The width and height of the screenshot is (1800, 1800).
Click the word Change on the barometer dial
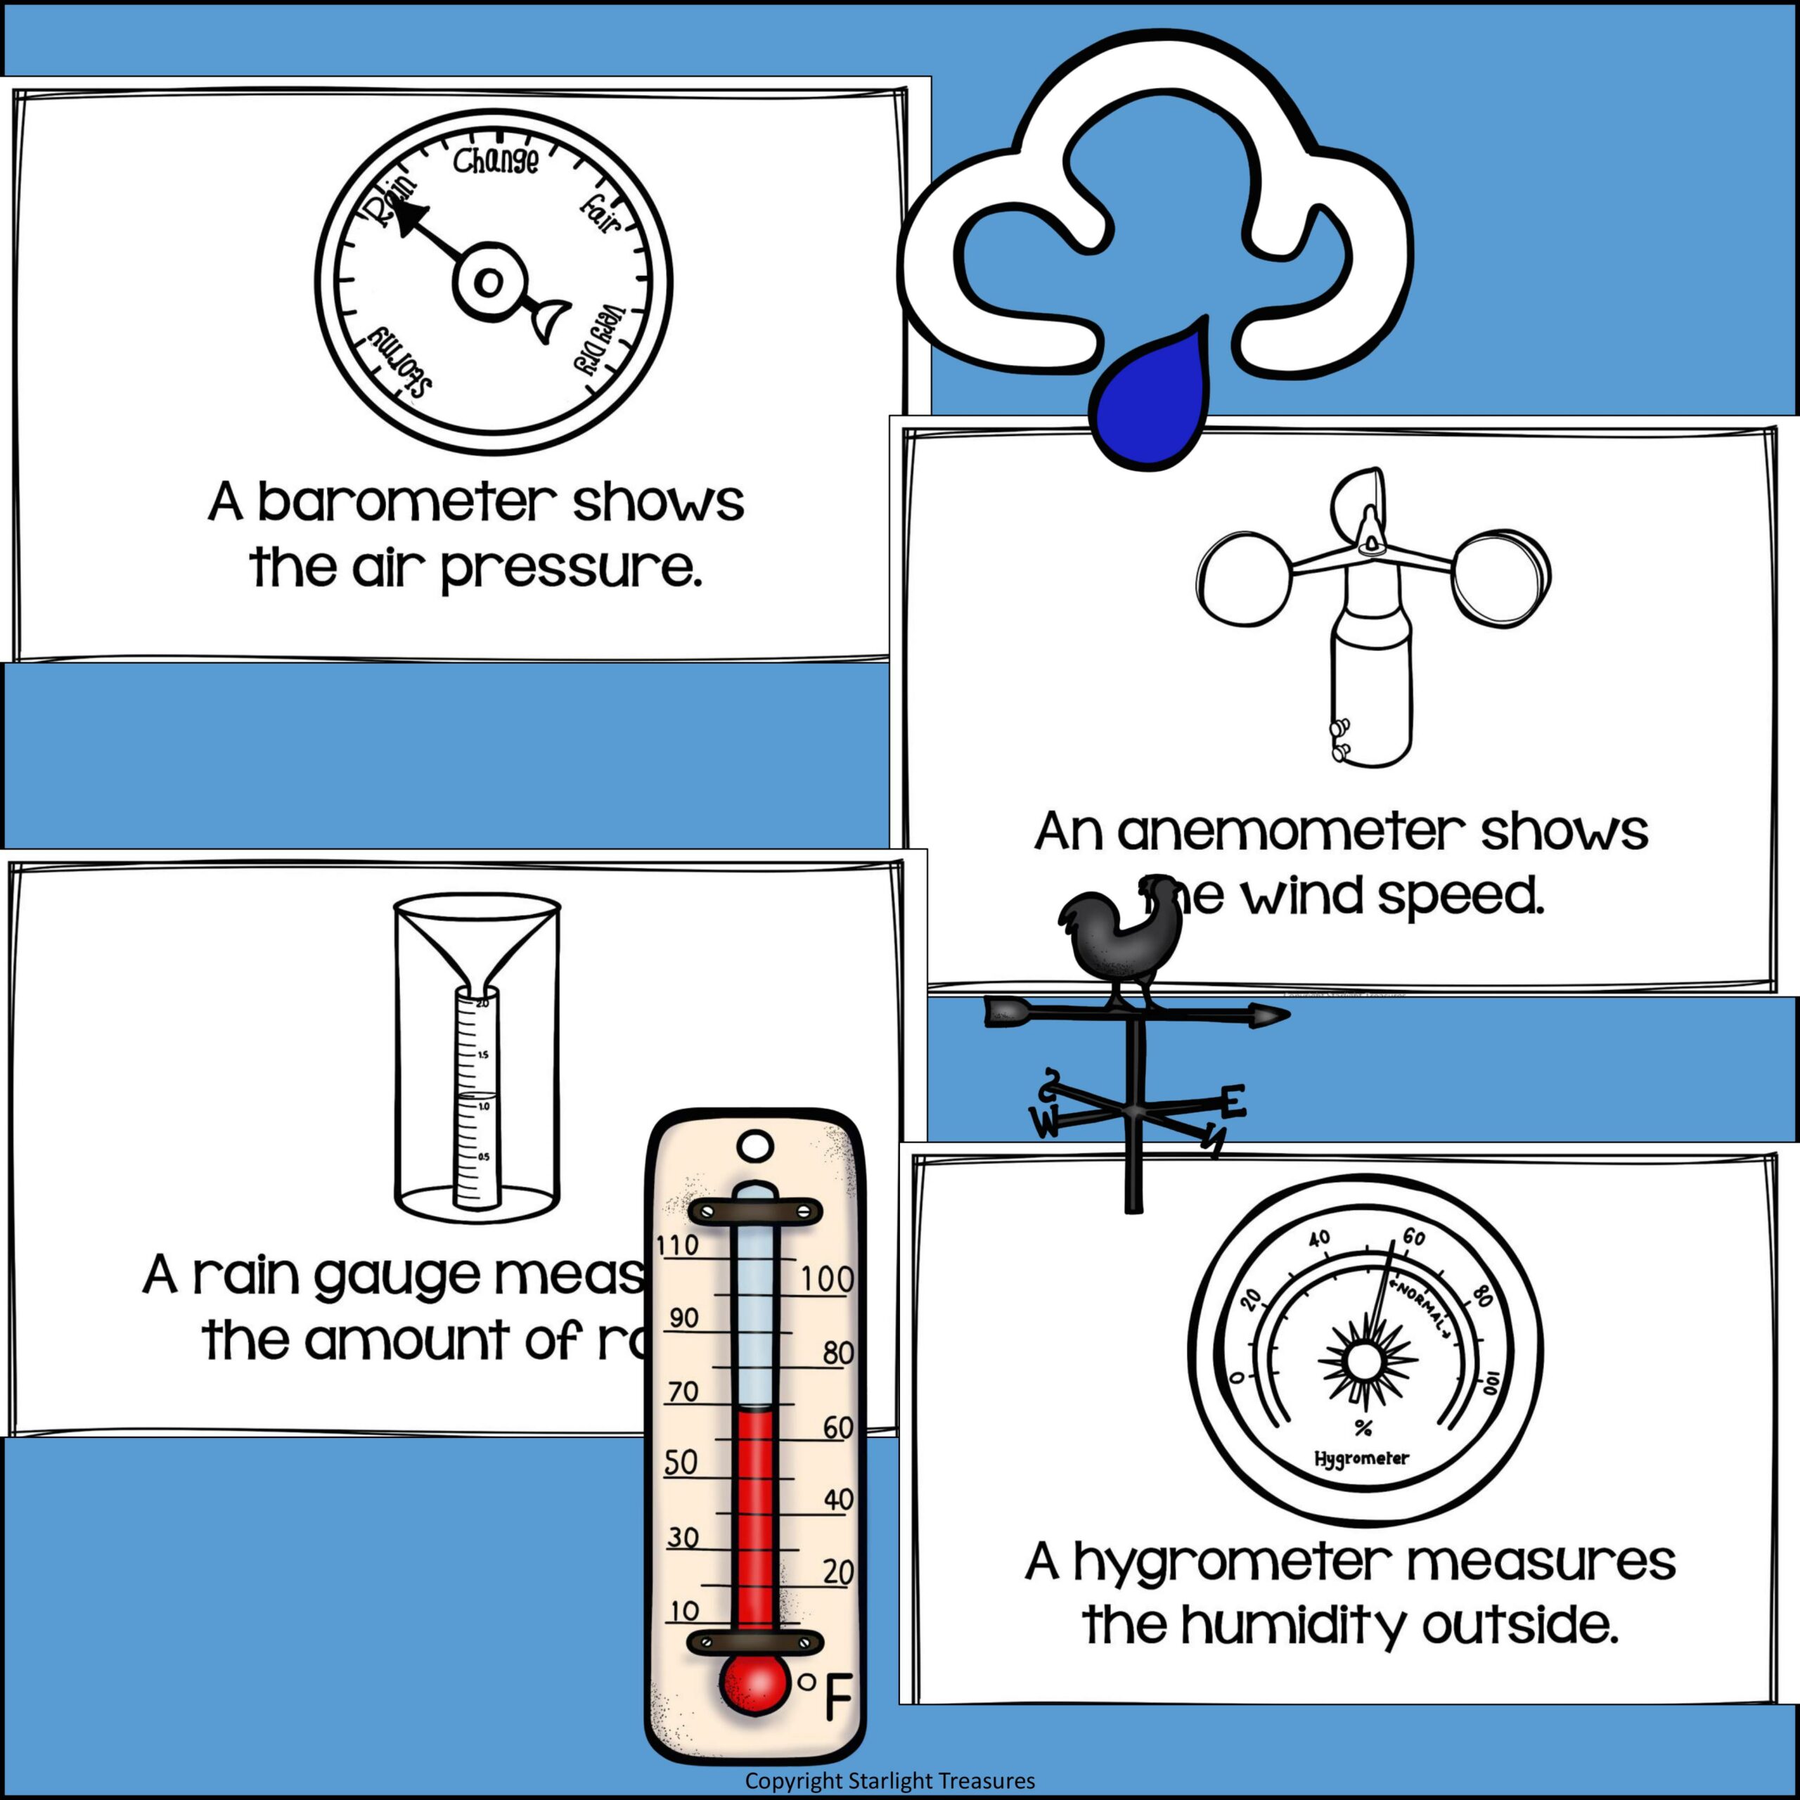click(x=496, y=161)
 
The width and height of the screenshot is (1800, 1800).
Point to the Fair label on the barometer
click(x=601, y=213)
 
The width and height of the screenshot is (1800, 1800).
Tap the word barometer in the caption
click(x=404, y=504)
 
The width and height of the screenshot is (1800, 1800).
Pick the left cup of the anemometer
click(x=1244, y=579)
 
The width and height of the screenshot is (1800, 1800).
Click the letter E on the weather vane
click(x=1233, y=1103)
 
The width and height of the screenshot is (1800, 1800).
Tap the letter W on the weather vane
click(x=1044, y=1124)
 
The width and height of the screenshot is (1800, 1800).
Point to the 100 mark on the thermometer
click(x=826, y=1279)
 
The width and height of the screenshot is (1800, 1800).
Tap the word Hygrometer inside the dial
click(x=1361, y=1458)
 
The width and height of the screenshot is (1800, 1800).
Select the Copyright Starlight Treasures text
click(x=889, y=1781)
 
